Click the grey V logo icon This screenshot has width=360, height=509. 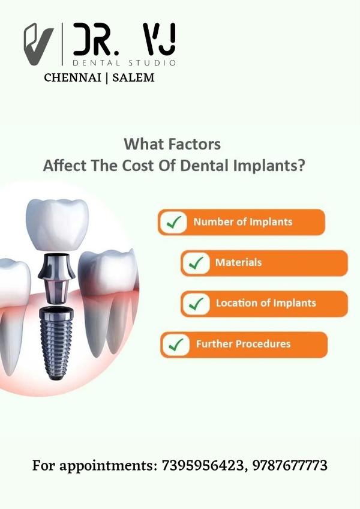coord(38,44)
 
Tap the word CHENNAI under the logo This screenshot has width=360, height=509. coord(73,77)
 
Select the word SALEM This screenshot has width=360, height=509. coord(133,77)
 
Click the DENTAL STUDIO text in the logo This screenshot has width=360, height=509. coord(124,62)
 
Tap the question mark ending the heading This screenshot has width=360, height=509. coord(301,166)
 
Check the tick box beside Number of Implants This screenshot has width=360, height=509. coord(173,222)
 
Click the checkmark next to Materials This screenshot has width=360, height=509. coord(196,264)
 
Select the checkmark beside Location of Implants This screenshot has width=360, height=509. coord(196,304)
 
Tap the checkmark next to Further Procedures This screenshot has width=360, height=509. coord(176,345)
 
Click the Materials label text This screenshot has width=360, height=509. coord(239,262)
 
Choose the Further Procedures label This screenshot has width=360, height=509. coord(244,344)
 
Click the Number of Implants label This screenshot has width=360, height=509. coord(243,222)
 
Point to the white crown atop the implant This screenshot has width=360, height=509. coord(58,224)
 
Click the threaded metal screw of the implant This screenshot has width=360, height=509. coord(56,343)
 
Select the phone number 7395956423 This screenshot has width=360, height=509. coord(203,466)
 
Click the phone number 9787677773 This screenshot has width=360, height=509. coord(290,466)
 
